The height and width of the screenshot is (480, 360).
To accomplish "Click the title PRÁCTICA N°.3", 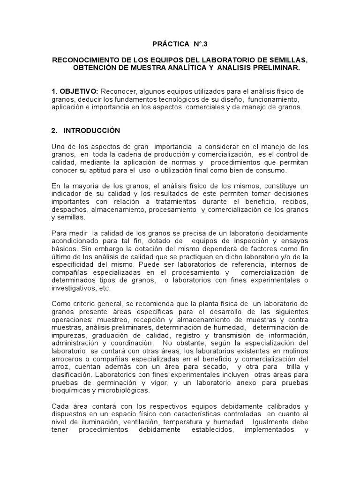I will (180, 44).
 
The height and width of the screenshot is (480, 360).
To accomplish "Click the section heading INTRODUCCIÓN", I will (92, 130).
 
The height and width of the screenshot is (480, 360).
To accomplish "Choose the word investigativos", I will (73, 289).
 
